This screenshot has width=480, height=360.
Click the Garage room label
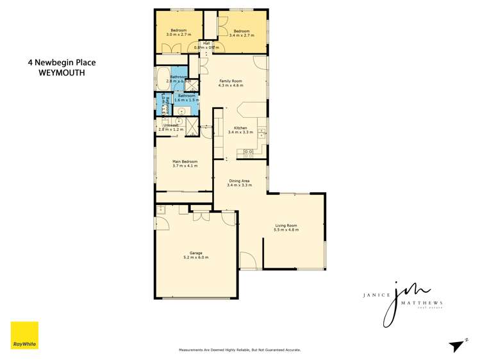coord(195,253)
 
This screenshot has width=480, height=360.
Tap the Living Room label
coord(286,225)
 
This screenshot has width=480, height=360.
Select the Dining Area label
coord(240,181)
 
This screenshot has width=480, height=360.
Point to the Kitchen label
coord(240,127)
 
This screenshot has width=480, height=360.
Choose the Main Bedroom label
coord(185,161)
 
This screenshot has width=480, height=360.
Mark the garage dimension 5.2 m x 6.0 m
coord(195,258)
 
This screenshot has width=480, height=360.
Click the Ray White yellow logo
coord(24,336)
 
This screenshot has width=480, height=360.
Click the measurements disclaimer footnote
coord(239,350)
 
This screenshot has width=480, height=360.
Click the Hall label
coord(206,43)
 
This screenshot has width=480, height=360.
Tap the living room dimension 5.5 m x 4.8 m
coord(286,230)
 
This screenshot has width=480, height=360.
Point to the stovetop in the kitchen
coord(249,152)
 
